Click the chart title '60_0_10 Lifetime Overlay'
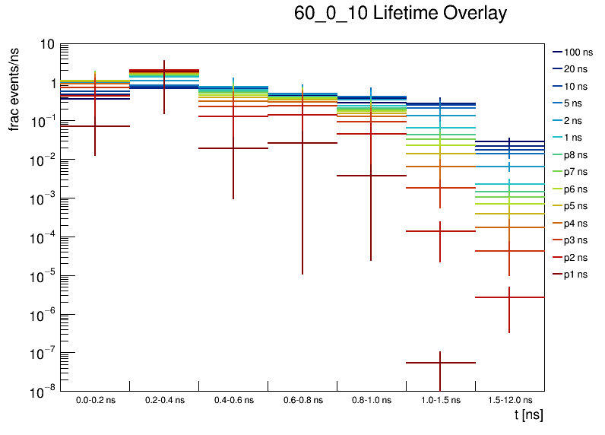[400, 14]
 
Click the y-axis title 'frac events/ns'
[14, 87]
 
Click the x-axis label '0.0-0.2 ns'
[95, 400]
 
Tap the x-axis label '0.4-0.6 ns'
[233, 400]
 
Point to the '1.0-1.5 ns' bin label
[441, 400]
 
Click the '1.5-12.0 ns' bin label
[508, 400]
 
